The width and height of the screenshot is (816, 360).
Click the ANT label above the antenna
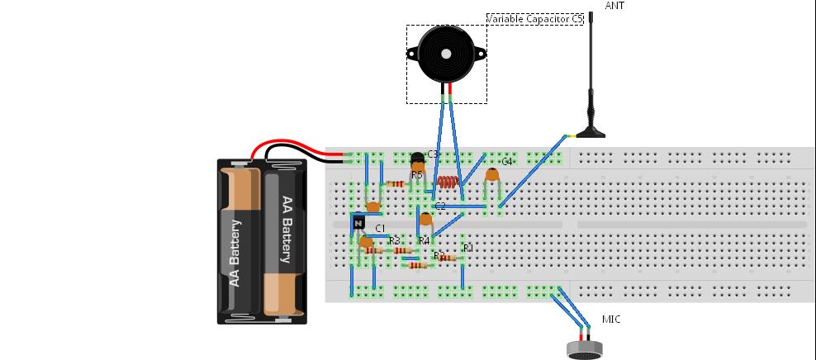pos(614,6)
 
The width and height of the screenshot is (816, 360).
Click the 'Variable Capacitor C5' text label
pos(534,18)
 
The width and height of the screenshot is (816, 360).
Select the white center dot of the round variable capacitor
pos(446,54)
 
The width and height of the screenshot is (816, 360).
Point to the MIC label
pos(611,320)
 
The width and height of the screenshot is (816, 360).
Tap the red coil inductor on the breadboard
pos(447,182)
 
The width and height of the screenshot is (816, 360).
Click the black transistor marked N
pos(358,222)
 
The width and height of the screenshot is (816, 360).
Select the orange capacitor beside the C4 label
pos(493,174)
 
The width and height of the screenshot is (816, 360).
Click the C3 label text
pos(432,154)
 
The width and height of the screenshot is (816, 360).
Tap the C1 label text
pos(381,228)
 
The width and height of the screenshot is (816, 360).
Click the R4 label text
pos(425,240)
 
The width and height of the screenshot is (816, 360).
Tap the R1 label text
pos(468,247)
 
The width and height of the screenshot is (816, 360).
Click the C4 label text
pos(507,162)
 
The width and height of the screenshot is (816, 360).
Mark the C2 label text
pos(440,206)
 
